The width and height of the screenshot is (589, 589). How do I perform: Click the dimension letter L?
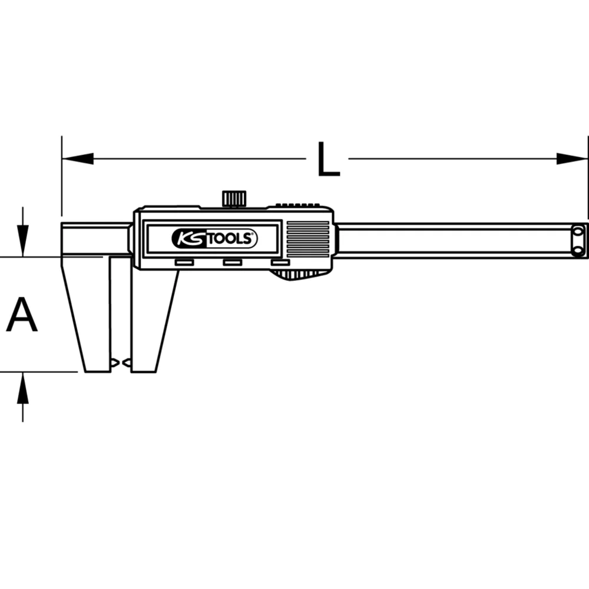click(x=328, y=159)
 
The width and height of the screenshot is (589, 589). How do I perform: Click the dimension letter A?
click(x=22, y=315)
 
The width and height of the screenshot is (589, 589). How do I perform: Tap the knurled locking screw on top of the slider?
click(x=234, y=198)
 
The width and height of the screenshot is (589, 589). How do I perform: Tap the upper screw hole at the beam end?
click(x=578, y=231)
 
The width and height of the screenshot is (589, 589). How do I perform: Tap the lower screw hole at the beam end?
click(x=578, y=250)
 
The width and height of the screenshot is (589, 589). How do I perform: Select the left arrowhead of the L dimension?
click(x=77, y=158)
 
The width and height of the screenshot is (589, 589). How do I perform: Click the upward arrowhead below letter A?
click(x=22, y=386)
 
